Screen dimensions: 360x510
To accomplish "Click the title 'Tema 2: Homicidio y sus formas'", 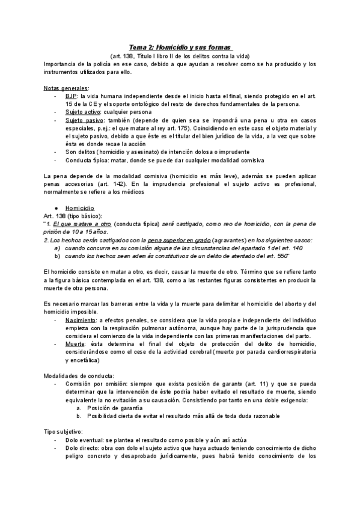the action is pyautogui.click(x=180, y=47).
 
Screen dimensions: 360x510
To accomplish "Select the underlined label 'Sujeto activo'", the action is pyautogui.click(x=84, y=112).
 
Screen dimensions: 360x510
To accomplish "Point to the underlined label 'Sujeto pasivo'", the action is pyautogui.click(x=84, y=120).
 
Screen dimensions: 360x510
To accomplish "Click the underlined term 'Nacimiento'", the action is pyautogui.click(x=81, y=321).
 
